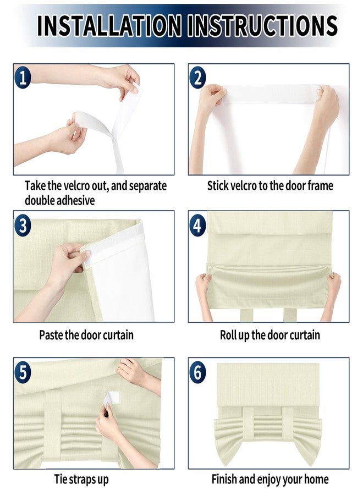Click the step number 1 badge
coord(23,78)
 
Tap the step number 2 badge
coord(197,78)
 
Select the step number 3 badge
coord(23,226)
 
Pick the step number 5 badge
coord(23,372)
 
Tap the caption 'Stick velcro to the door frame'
coord(270,186)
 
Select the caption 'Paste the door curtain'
coord(86,334)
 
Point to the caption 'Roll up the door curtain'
coord(269,334)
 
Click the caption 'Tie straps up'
coord(81,480)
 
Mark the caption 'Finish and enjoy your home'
coord(270,480)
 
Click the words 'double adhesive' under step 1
coord(60,200)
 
